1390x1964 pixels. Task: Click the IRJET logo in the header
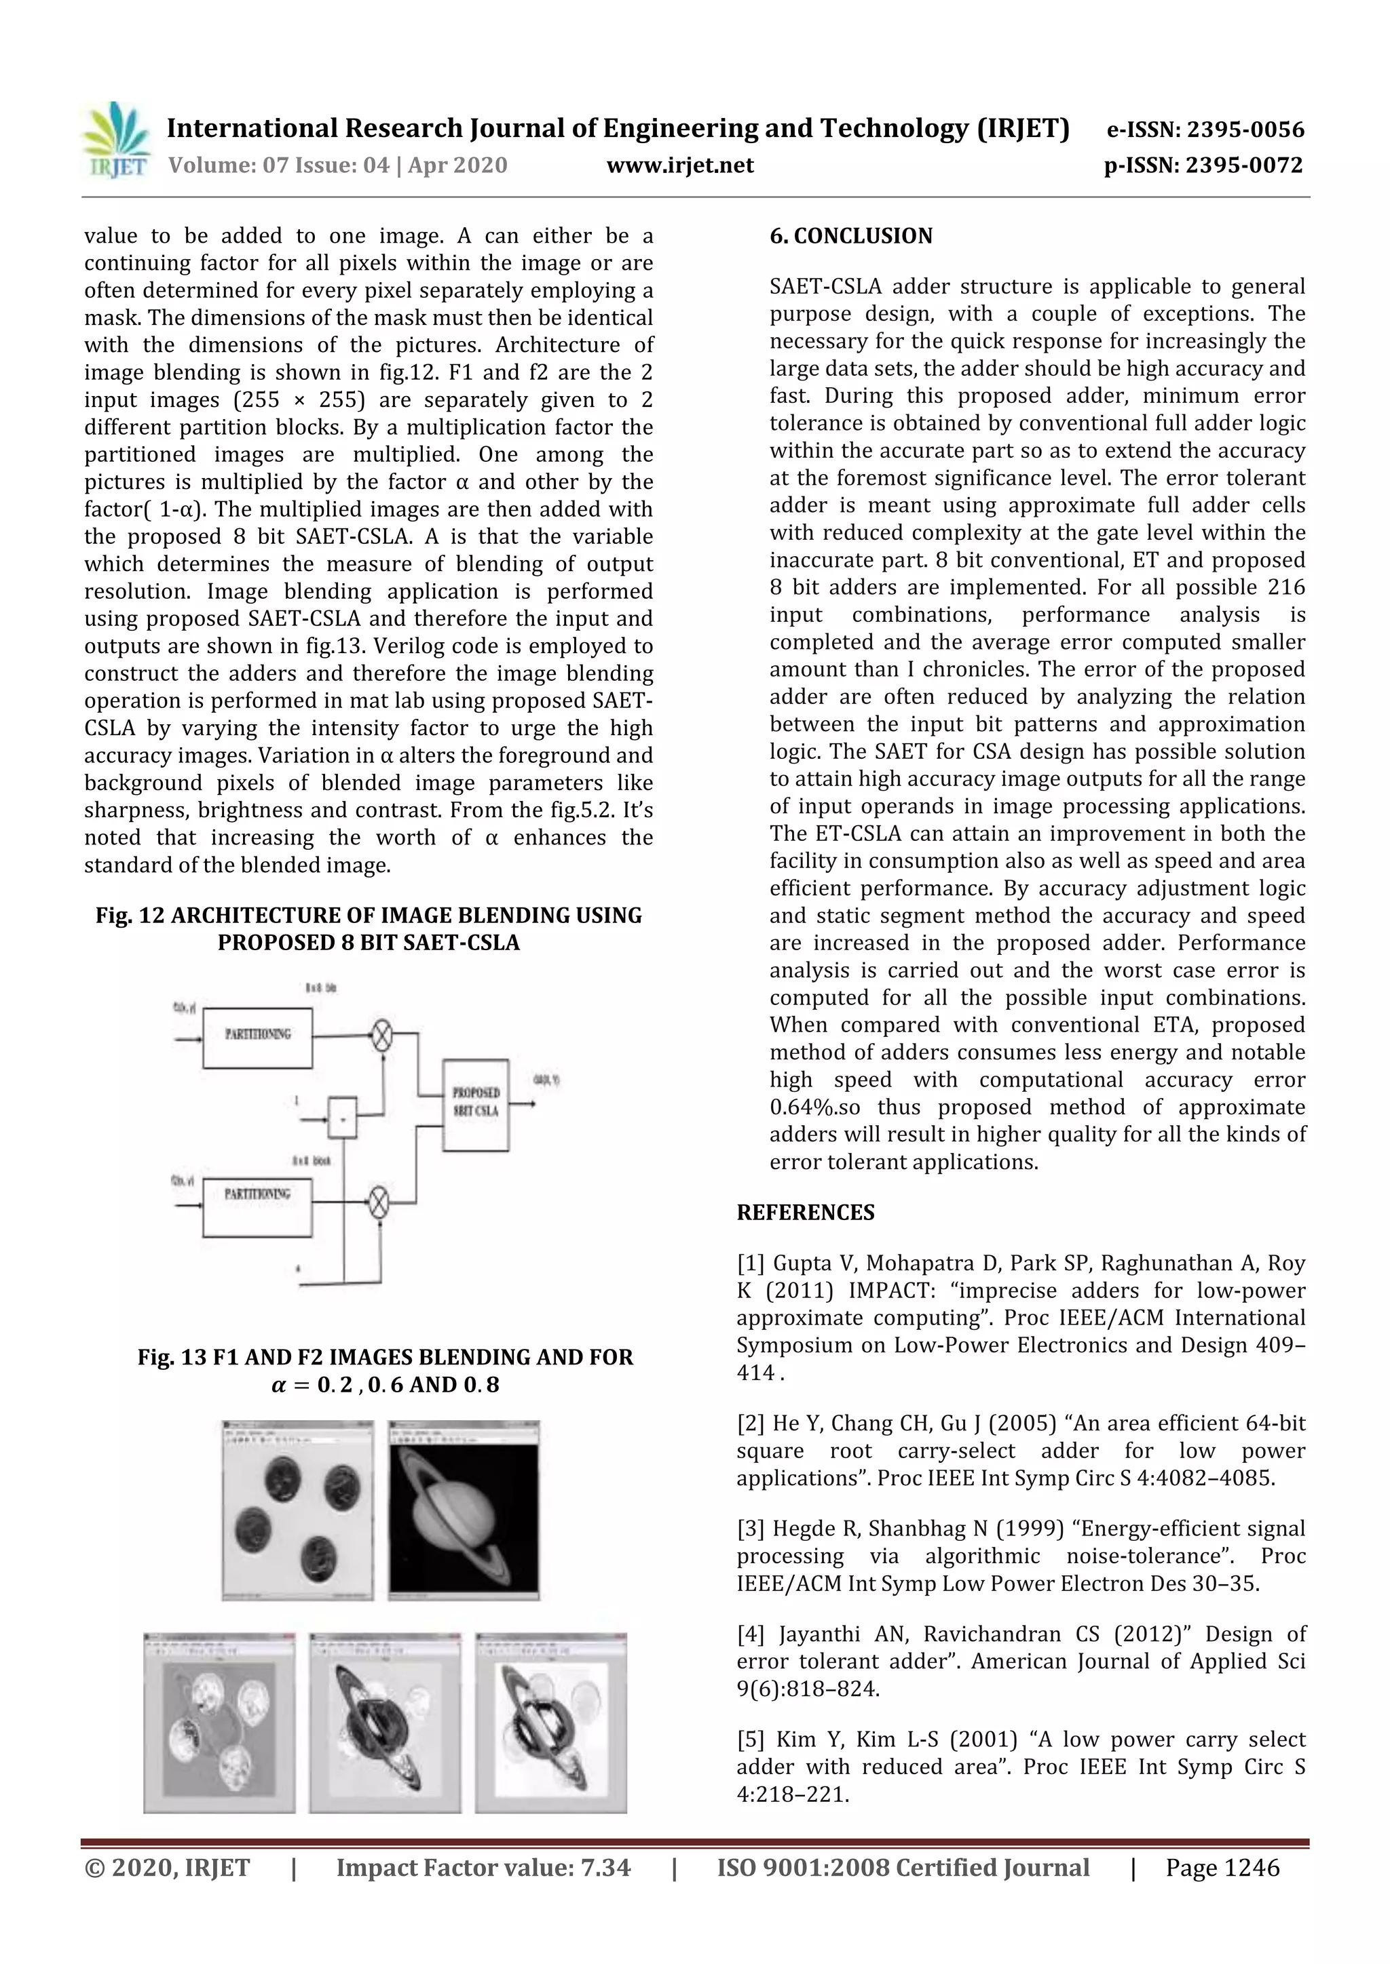click(x=115, y=140)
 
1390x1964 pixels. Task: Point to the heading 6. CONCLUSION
click(x=851, y=236)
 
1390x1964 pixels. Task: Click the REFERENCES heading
click(x=806, y=1212)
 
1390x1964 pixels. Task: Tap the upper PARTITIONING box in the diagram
click(x=258, y=1038)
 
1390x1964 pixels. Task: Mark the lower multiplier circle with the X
click(x=378, y=1204)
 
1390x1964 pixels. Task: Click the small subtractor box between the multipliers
click(x=342, y=1117)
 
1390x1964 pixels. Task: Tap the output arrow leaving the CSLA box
click(x=523, y=1103)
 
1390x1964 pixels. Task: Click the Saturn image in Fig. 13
click(x=464, y=1510)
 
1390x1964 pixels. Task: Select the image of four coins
click(x=297, y=1510)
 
